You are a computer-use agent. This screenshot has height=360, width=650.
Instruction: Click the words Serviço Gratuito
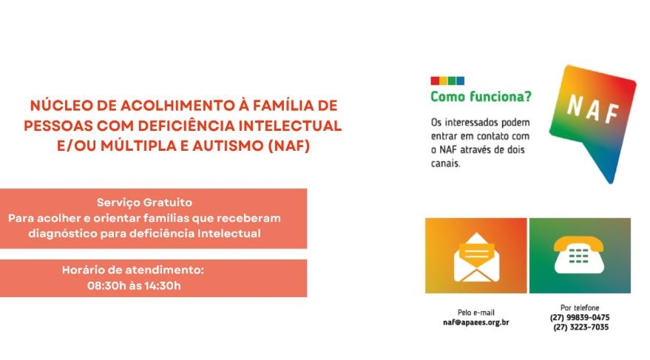click(x=144, y=203)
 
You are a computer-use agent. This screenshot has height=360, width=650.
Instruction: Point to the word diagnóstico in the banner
click(x=63, y=234)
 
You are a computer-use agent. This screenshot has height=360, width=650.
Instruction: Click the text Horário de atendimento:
click(x=133, y=270)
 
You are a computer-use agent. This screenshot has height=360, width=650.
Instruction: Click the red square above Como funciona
click(x=435, y=81)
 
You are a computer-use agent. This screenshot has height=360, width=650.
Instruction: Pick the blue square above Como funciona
click(x=460, y=81)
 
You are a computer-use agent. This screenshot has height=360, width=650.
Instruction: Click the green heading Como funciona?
click(x=481, y=97)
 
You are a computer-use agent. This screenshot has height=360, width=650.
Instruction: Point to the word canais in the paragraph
click(x=446, y=163)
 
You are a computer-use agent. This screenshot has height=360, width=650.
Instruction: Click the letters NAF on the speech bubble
click(x=593, y=110)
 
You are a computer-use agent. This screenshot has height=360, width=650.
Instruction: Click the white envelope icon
click(x=476, y=257)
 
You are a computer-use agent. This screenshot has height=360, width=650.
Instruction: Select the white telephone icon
click(x=579, y=255)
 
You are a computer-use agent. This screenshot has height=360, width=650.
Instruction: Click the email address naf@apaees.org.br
click(x=476, y=322)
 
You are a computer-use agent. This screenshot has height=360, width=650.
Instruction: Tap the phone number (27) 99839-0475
click(x=580, y=318)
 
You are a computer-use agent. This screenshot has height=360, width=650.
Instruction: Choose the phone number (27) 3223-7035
click(x=580, y=327)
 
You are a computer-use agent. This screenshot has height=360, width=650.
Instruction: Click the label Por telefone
click(x=580, y=308)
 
